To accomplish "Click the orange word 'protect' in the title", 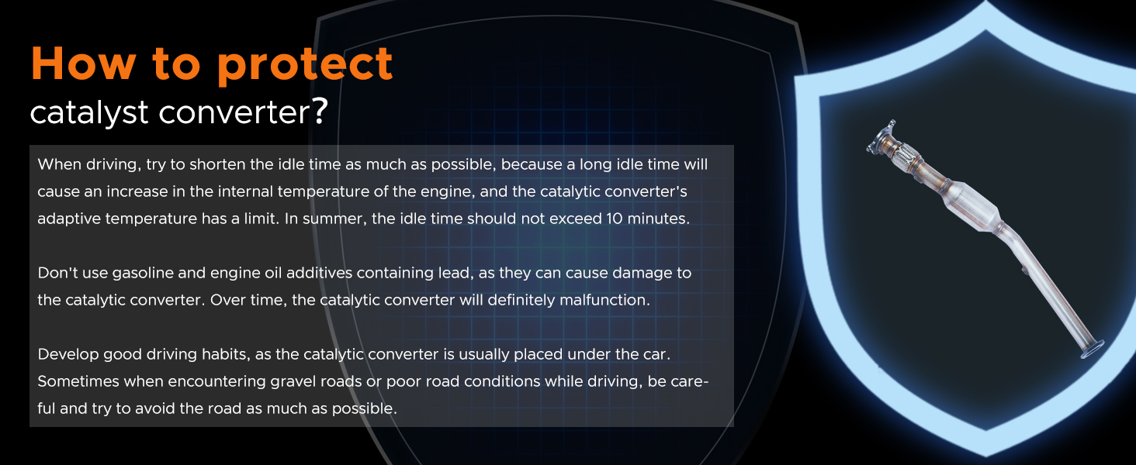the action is (x=305, y=65).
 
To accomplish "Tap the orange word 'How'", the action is (x=84, y=63).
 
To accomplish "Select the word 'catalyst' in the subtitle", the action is (x=89, y=112).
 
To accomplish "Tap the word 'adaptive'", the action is (x=69, y=219).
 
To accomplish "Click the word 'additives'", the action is (x=319, y=273).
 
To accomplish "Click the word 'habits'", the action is (x=226, y=354).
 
